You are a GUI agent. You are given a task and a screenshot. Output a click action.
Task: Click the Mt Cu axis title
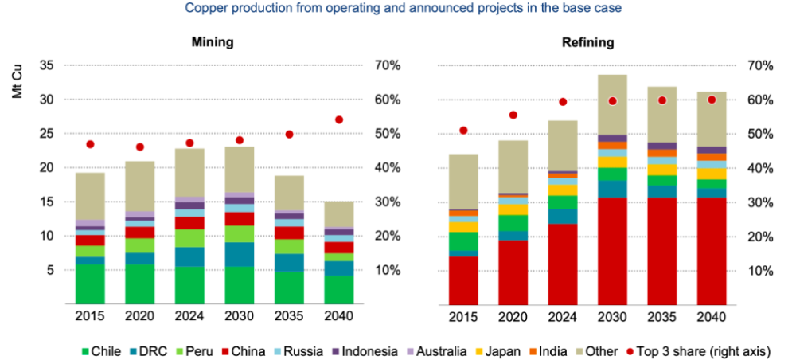pyautogui.click(x=19, y=85)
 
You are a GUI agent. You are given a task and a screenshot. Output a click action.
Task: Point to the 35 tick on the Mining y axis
pyautogui.click(x=46, y=65)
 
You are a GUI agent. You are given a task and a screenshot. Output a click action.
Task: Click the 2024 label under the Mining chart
pyautogui.click(x=189, y=317)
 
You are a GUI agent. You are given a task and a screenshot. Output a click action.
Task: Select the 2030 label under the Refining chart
pyautogui.click(x=612, y=317)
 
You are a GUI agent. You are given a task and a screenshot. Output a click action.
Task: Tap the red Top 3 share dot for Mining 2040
pyautogui.click(x=338, y=119)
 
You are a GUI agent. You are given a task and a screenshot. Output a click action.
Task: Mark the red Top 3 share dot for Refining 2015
pyautogui.click(x=463, y=131)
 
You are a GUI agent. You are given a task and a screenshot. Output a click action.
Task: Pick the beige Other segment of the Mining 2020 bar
pyautogui.click(x=139, y=186)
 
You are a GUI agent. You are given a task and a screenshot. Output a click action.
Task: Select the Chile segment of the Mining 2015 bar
pyautogui.click(x=90, y=284)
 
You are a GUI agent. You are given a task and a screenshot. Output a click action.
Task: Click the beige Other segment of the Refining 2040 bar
pyautogui.click(x=712, y=119)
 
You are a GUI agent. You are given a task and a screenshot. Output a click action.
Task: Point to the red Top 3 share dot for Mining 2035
pyautogui.click(x=289, y=135)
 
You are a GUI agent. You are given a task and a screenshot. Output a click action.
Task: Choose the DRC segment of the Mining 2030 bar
pyautogui.click(x=239, y=254)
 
